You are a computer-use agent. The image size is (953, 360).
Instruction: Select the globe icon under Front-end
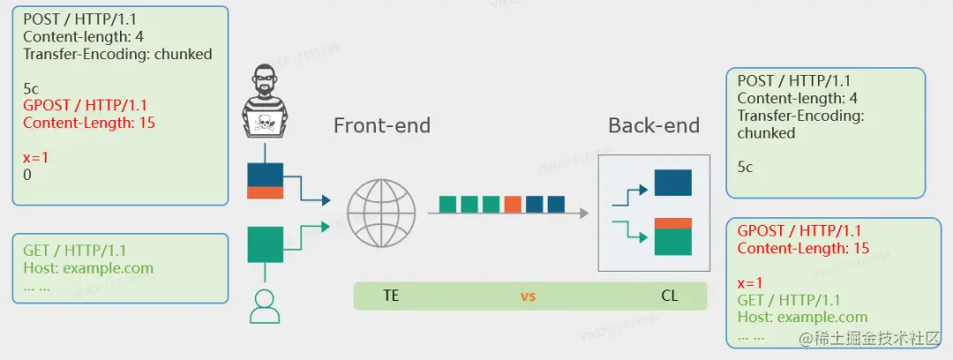(380, 213)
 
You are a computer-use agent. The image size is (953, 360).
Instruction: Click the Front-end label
(381, 125)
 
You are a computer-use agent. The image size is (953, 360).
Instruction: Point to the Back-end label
(653, 125)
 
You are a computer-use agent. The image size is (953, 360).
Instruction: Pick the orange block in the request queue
(513, 205)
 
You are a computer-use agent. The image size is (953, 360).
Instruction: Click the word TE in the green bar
(392, 296)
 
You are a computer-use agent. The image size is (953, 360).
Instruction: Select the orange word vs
(528, 296)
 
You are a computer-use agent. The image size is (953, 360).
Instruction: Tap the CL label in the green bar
(670, 296)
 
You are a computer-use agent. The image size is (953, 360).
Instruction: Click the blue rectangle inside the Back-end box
(672, 183)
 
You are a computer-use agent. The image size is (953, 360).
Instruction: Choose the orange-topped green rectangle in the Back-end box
(672, 236)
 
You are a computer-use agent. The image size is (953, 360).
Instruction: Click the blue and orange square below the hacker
(265, 180)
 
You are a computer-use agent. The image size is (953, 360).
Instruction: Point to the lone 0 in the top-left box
(27, 175)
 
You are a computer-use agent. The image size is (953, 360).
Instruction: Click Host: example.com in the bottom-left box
(88, 268)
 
